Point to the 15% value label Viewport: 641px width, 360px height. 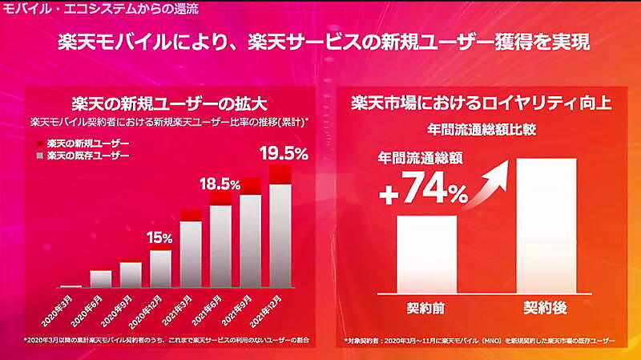159,237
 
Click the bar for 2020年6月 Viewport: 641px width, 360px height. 101,278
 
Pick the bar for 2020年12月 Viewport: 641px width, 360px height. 160,269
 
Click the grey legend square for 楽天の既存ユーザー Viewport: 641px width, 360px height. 39,154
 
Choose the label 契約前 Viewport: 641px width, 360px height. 426,307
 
